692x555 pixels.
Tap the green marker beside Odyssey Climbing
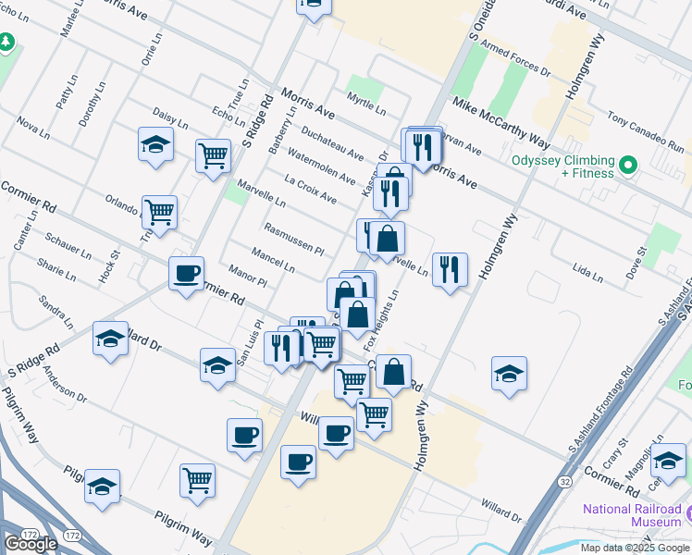[628, 166]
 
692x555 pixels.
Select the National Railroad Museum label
[632, 515]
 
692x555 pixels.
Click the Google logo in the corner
[31, 544]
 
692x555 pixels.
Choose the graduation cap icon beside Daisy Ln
[155, 144]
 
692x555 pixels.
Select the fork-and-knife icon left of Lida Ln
[450, 269]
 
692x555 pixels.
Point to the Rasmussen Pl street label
[293, 239]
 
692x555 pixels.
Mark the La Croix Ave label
[311, 186]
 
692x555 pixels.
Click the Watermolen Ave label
[321, 165]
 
